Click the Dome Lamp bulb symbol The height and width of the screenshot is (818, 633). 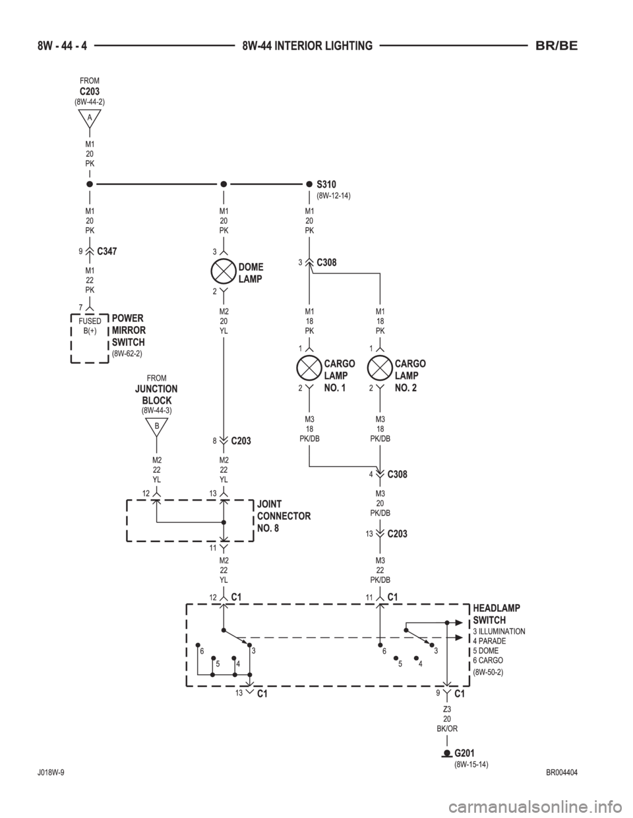tap(224, 273)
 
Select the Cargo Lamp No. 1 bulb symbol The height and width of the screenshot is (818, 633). tap(309, 369)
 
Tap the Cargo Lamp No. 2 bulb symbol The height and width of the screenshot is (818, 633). tap(380, 369)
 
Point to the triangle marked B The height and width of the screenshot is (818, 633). tap(157, 427)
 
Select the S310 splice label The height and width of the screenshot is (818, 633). tap(326, 184)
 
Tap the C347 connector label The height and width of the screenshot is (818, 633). tap(107, 252)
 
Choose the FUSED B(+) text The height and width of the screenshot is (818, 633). tap(90, 326)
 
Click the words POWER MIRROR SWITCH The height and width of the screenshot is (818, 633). tap(129, 330)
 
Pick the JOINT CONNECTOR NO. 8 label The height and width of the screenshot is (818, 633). tap(284, 516)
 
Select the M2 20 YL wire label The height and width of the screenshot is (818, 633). tap(224, 321)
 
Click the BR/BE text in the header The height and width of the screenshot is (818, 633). tap(556, 46)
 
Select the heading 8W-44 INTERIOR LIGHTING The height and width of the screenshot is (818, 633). tap(307, 46)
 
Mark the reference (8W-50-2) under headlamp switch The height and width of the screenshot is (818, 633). tap(488, 672)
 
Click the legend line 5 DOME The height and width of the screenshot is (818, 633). tap(486, 651)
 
